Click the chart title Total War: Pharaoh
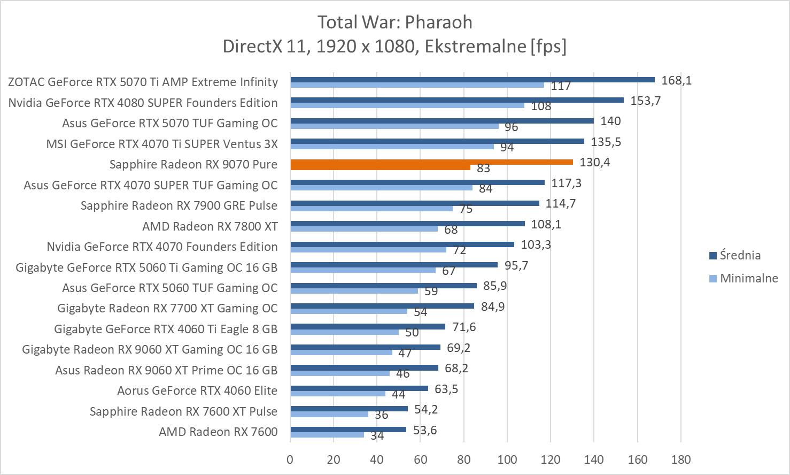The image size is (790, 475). coord(394,22)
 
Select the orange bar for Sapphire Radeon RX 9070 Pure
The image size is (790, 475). coord(431,162)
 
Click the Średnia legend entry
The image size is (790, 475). coord(740,255)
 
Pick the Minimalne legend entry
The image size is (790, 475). coord(748,278)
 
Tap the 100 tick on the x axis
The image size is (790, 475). coord(507,459)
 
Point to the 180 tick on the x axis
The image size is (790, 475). coord(680,459)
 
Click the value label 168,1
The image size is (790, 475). coord(676,80)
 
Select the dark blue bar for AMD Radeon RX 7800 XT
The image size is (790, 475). coord(407,224)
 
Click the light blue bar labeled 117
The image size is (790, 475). coord(417,85)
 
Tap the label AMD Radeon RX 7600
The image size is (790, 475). coord(218,432)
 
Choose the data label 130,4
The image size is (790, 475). coord(594,162)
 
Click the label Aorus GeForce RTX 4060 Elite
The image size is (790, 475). coord(197,390)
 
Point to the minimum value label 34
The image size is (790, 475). coord(377,436)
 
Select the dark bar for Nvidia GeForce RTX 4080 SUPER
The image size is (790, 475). coord(457,100)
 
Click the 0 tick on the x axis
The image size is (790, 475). coord(290,459)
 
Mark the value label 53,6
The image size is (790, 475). coord(425,430)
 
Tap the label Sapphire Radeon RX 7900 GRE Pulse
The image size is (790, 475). coord(179,205)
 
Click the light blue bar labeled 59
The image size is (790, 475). coord(354,291)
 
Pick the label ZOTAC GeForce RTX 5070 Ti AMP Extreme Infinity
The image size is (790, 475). coord(143,82)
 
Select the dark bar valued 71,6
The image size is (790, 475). coord(368,326)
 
